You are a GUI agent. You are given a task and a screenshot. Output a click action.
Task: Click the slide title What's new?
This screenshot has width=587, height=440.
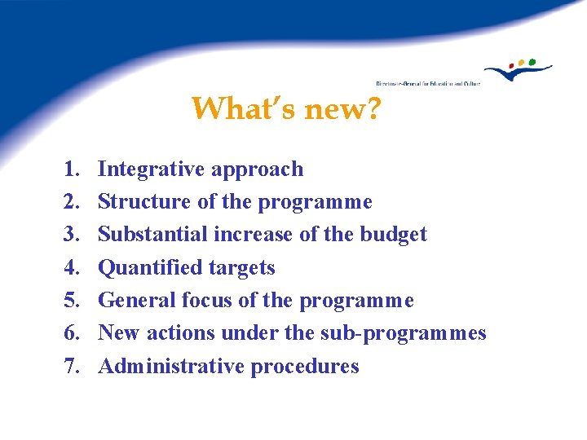coord(285,108)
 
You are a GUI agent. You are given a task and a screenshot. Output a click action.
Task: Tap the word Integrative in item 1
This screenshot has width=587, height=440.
coord(152,169)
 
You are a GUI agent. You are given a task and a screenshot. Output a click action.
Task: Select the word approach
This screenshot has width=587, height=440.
coord(257,170)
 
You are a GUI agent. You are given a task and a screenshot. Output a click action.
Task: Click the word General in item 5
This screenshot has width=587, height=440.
coord(134,301)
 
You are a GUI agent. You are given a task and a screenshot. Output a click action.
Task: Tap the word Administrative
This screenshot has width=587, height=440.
coord(171,367)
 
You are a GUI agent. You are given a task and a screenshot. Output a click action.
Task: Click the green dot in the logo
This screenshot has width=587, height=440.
coord(532,61)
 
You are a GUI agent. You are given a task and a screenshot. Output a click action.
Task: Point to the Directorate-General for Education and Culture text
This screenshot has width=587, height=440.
coord(427,83)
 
